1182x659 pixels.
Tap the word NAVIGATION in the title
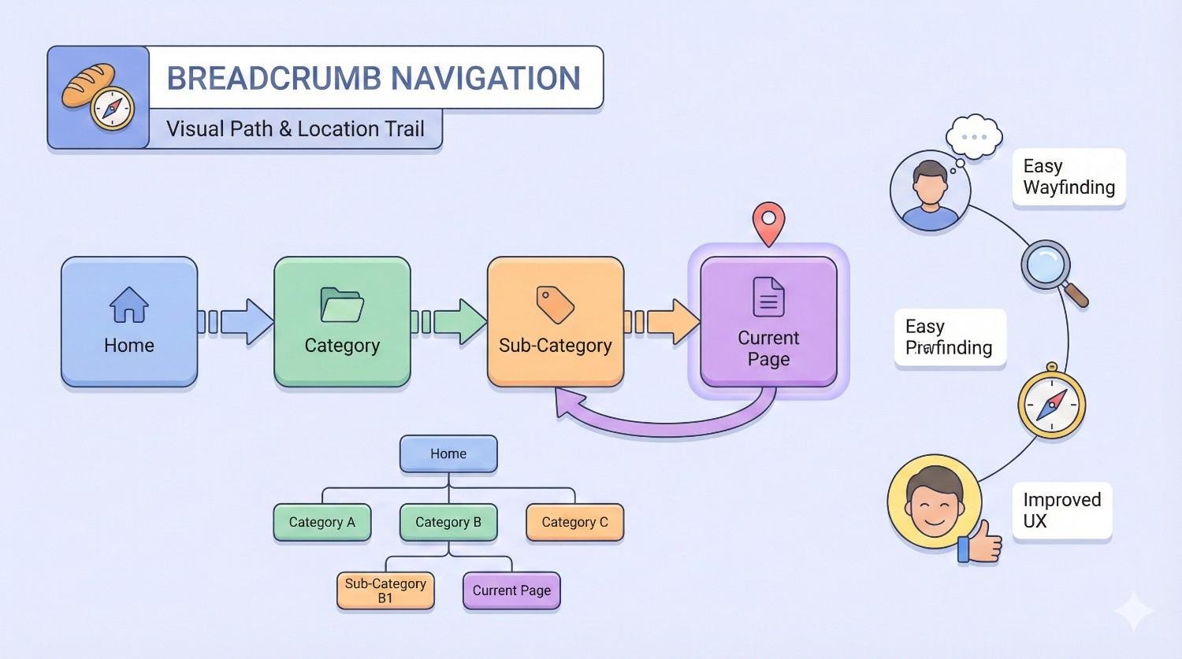point(485,79)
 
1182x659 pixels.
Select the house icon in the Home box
point(129,305)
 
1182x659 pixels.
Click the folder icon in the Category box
point(342,305)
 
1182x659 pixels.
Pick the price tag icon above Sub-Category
point(555,305)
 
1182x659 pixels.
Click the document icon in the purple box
point(768,297)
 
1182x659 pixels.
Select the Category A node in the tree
point(322,522)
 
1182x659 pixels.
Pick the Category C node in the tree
point(574,522)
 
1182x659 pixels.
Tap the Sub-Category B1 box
point(385,591)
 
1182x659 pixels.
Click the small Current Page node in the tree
point(511,591)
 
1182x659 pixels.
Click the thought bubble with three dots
point(974,137)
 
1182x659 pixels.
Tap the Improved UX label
point(1061,510)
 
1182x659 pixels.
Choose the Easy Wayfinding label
point(1069,177)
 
